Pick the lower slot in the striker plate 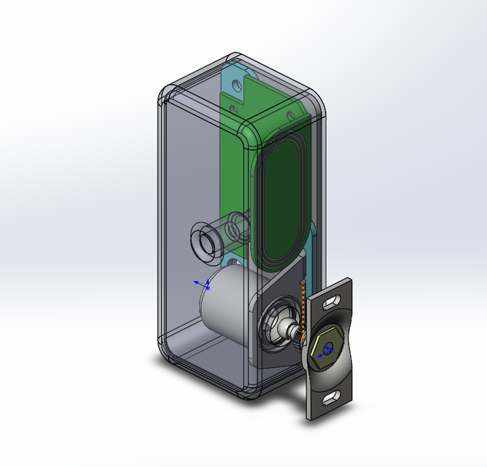pyautogui.click(x=330, y=396)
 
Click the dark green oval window pyautogui.click(x=281, y=190)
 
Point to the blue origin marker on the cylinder pyautogui.click(x=204, y=285)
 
